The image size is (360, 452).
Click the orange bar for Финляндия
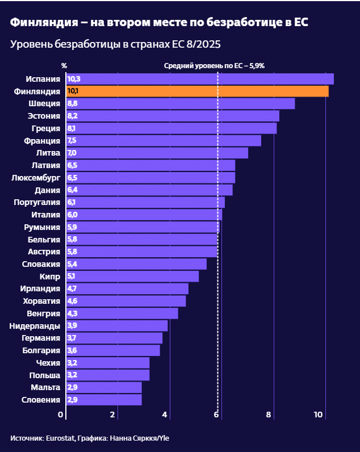coord(198,91)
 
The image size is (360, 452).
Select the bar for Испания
coord(200,79)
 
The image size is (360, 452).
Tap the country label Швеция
coord(44,103)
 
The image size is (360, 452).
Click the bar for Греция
coord(171,128)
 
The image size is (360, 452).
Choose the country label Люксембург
coord(36,178)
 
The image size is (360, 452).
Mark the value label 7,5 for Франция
coord(72,141)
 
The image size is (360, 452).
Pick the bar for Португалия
coord(145,202)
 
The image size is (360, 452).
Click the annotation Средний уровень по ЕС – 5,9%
coord(214,65)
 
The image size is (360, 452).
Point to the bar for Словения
coord(104,400)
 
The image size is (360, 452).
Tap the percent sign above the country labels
coord(64,65)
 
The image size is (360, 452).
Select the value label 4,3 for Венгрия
coord(72,313)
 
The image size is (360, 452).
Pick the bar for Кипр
coord(133,277)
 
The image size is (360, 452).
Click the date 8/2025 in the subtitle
coord(205,44)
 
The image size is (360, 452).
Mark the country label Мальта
coord(45,387)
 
